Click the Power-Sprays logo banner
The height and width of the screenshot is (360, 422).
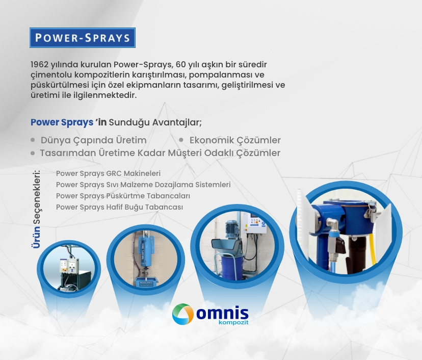pyautogui.click(x=83, y=38)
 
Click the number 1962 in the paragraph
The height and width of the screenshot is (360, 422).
pyautogui.click(x=40, y=65)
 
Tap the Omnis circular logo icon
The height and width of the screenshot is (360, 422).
pyautogui.click(x=183, y=314)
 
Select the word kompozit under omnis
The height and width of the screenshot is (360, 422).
pyautogui.click(x=233, y=322)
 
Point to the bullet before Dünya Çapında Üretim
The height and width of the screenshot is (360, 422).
pyautogui.click(x=33, y=140)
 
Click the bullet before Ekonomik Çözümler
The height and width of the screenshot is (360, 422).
pyautogui.click(x=181, y=140)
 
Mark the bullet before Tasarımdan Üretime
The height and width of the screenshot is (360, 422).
pyautogui.click(x=33, y=153)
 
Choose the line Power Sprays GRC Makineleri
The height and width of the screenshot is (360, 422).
pyautogui.click(x=108, y=173)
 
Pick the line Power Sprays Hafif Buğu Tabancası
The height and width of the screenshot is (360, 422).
pyautogui.click(x=119, y=207)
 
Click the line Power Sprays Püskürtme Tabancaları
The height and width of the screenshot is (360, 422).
pyautogui.click(x=123, y=196)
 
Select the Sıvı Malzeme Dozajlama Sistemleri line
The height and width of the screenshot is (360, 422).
pyautogui.click(x=143, y=185)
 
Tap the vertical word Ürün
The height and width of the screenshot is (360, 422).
pyautogui.click(x=36, y=237)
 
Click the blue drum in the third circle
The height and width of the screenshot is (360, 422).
pyautogui.click(x=232, y=267)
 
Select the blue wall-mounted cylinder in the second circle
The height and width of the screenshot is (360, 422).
pyautogui.click(x=146, y=251)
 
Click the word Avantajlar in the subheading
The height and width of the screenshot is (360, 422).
pyautogui.click(x=177, y=122)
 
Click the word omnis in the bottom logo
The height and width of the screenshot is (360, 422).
pyautogui.click(x=222, y=313)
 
